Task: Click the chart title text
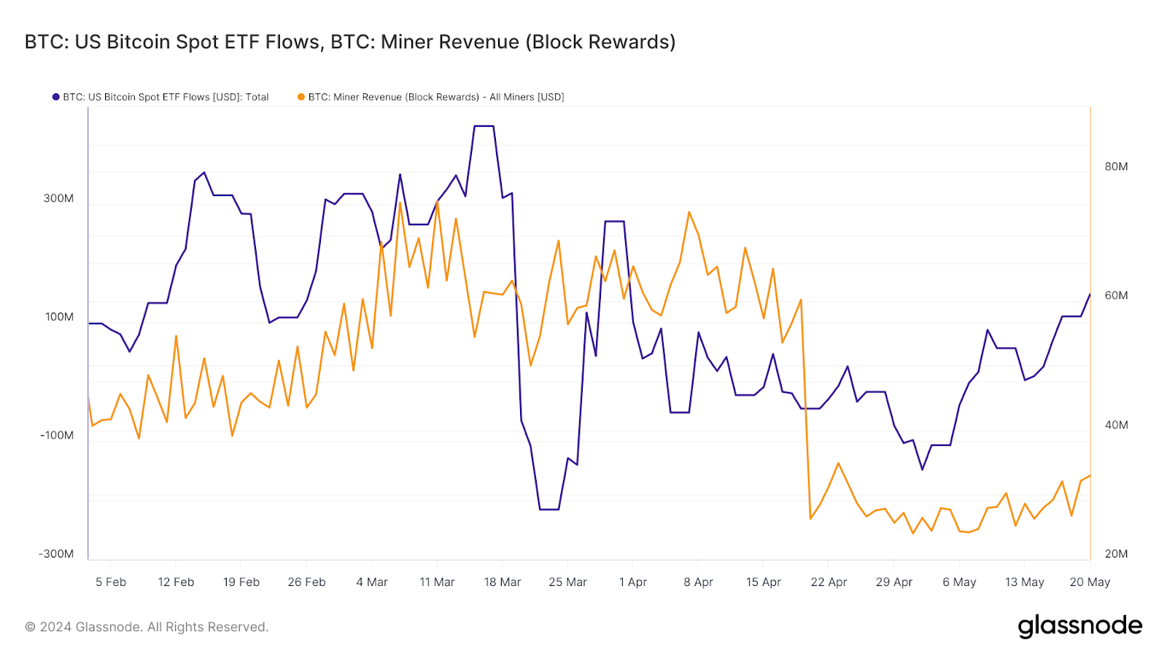coord(350,42)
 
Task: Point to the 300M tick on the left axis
coord(58,198)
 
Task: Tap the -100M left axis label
coord(57,435)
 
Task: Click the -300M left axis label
coord(57,554)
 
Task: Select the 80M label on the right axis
coord(1116,166)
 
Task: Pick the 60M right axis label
coord(1116,295)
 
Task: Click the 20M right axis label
coord(1116,554)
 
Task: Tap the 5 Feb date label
coord(111,582)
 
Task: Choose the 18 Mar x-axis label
coord(503,582)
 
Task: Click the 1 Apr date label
coord(633,582)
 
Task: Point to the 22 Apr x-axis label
coord(829,582)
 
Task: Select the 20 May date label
coord(1090,582)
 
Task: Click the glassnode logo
coord(1079,626)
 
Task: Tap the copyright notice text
coord(147,627)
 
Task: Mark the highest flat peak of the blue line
coord(484,126)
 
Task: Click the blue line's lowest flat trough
coord(549,509)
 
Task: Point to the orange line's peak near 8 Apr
coord(689,212)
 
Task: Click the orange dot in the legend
coord(301,97)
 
